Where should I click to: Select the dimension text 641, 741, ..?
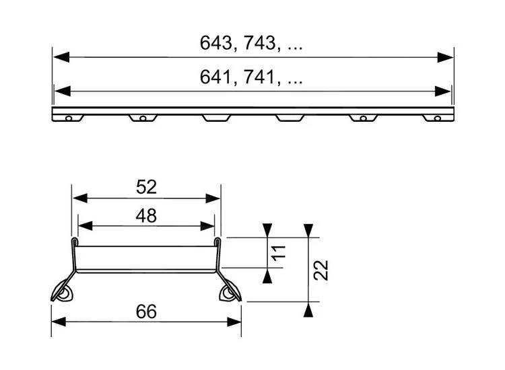pyautogui.click(x=250, y=78)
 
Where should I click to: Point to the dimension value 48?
pyautogui.click(x=146, y=215)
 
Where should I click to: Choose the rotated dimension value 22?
pyautogui.click(x=321, y=270)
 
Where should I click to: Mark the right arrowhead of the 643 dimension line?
pyautogui.click(x=445, y=57)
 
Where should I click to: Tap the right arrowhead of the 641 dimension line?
pyautogui.click(x=444, y=91)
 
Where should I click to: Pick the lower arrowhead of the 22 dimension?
pyautogui.click(x=308, y=310)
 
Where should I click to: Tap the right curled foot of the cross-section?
pyautogui.click(x=230, y=291)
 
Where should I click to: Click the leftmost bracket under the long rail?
pyautogui.click(x=69, y=118)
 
